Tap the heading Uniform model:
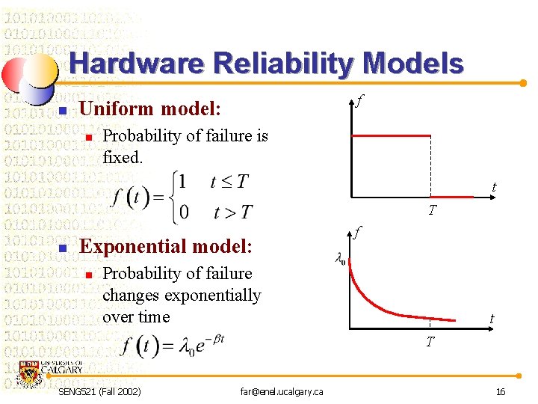[150, 108]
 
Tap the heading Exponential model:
[166, 245]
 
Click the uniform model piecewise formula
[182, 196]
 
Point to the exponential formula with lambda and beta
[173, 346]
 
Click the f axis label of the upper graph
[359, 100]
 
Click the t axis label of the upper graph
[494, 187]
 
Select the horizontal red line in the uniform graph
[391, 135]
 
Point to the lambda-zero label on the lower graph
[339, 260]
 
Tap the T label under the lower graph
[430, 342]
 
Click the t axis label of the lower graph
[492, 319]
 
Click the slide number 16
[501, 391]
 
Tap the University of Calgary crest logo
[31, 372]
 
